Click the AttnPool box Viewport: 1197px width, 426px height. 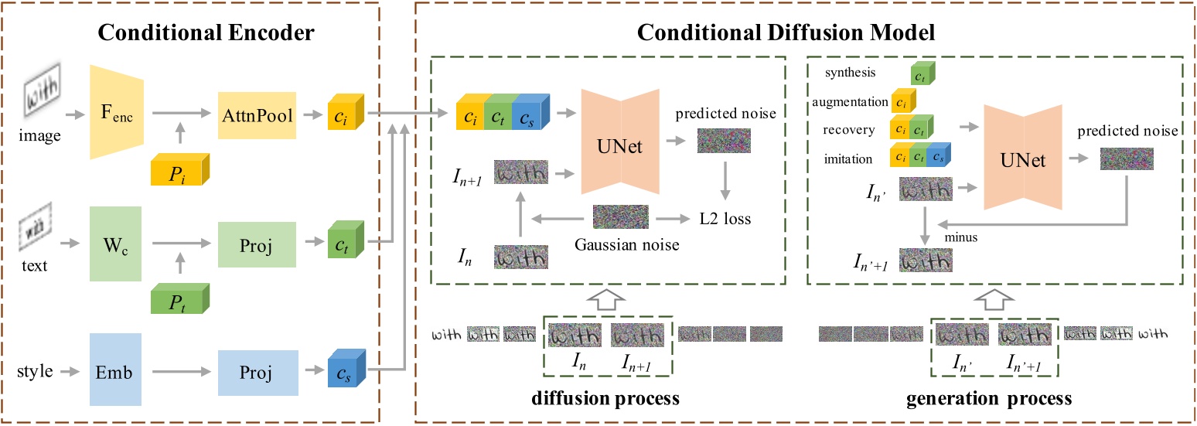point(257,116)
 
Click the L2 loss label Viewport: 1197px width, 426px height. point(725,219)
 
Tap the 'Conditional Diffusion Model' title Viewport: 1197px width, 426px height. point(786,33)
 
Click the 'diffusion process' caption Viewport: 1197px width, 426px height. point(605,399)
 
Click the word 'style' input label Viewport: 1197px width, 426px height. point(35,372)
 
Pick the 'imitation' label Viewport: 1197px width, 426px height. point(848,159)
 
